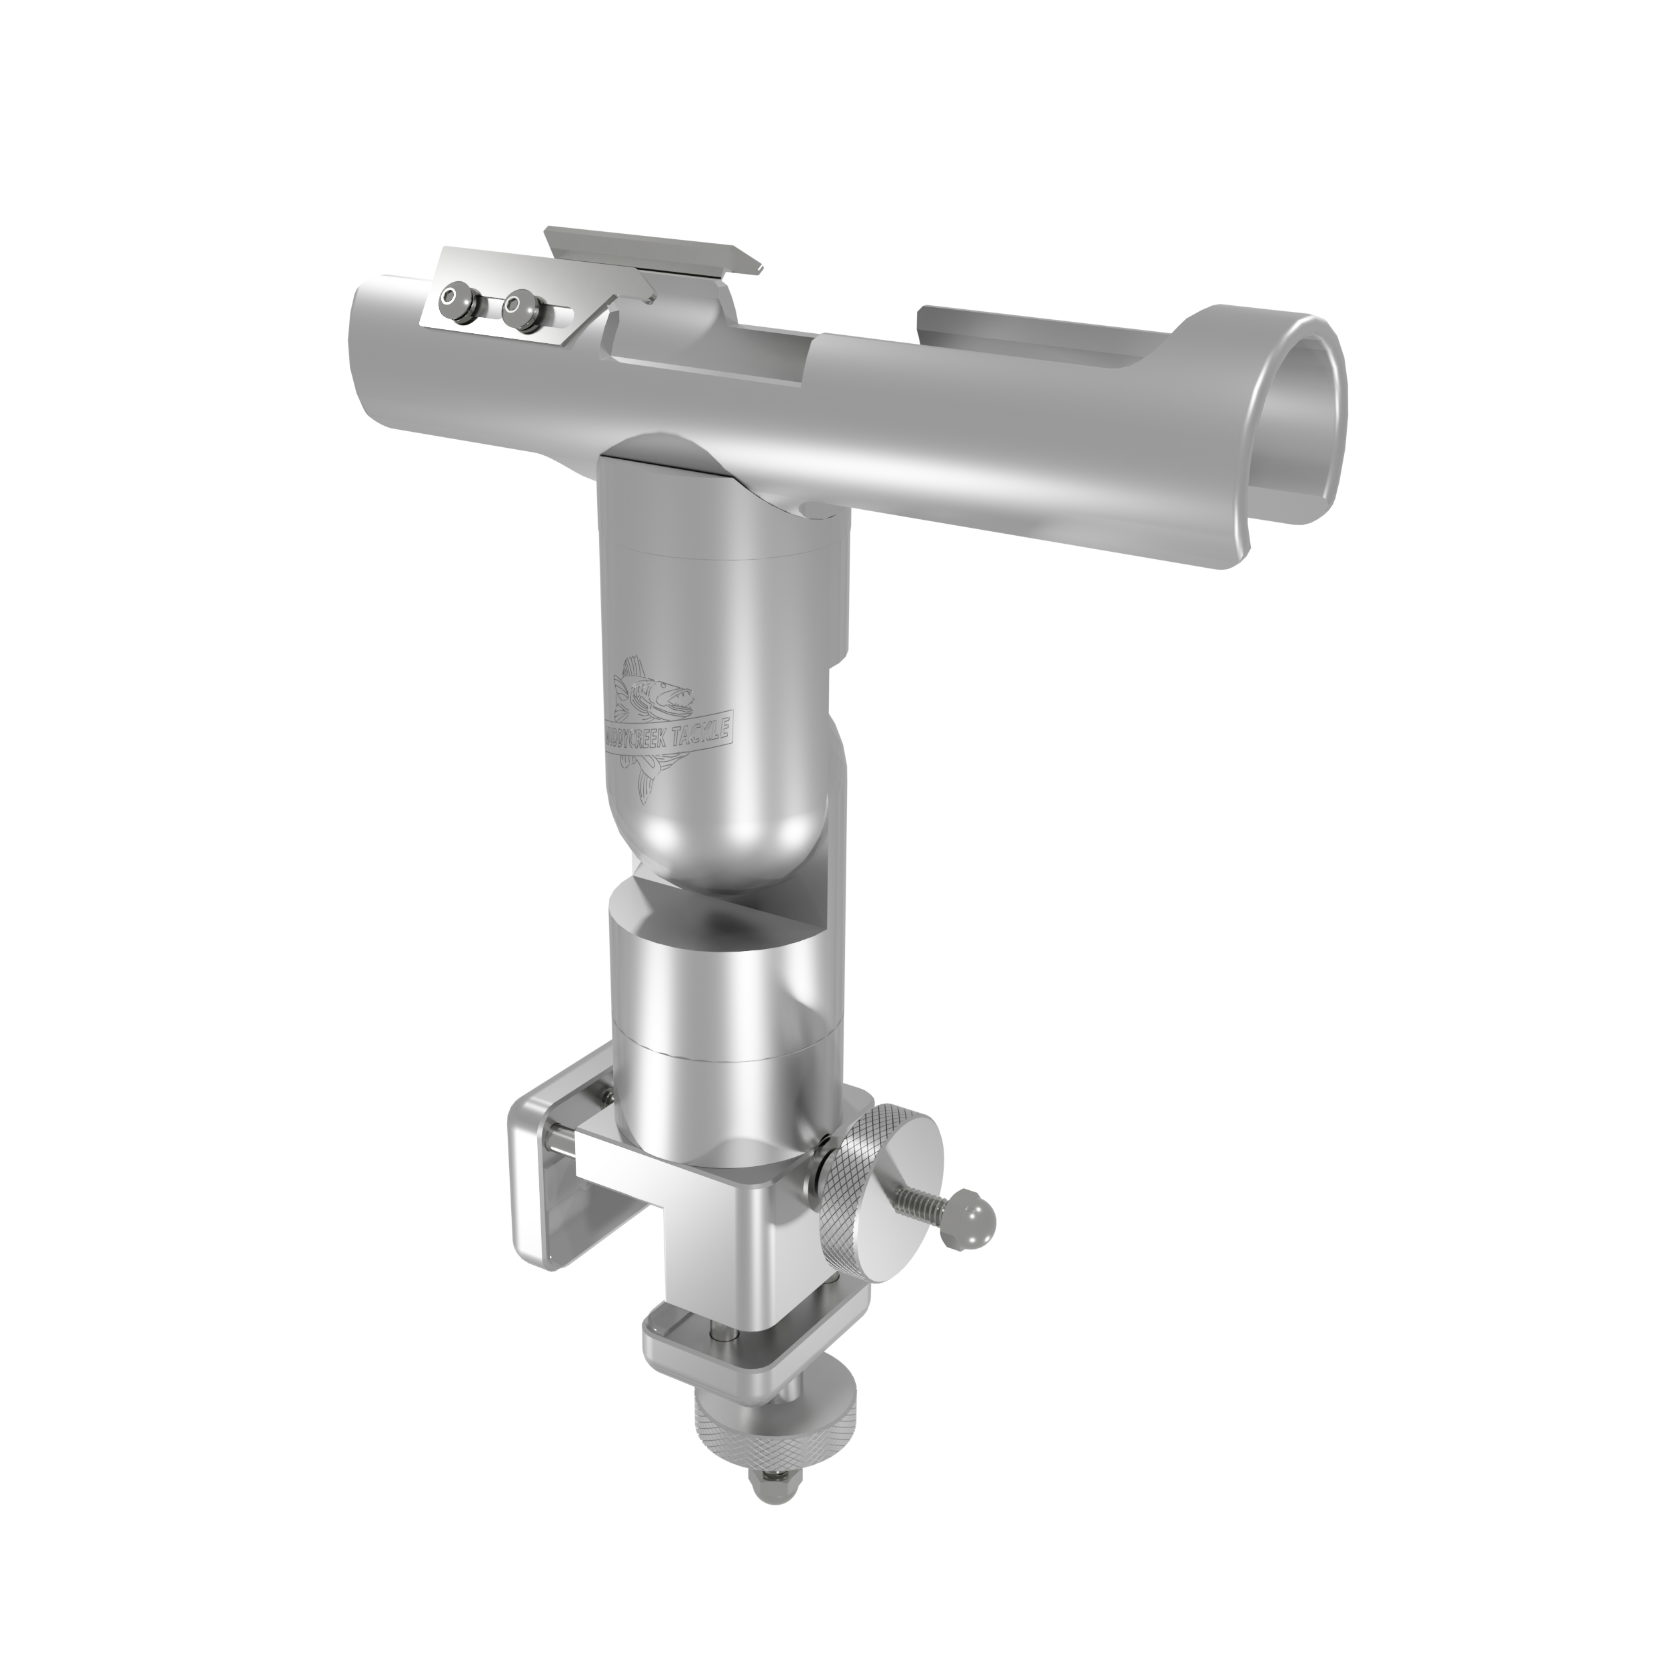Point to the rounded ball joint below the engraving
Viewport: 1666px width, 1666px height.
(x=724, y=828)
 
